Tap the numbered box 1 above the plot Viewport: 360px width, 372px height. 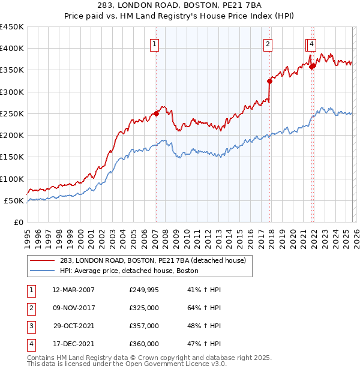[155, 43]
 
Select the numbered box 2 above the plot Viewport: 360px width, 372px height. [267, 43]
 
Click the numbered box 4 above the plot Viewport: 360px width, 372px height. [313, 43]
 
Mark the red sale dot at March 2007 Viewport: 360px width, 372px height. [156, 113]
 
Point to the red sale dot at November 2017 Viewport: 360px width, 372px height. [269, 81]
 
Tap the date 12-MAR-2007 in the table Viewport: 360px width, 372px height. [74, 290]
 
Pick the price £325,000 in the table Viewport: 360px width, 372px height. [144, 308]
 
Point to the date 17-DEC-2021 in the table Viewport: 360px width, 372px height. [74, 344]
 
